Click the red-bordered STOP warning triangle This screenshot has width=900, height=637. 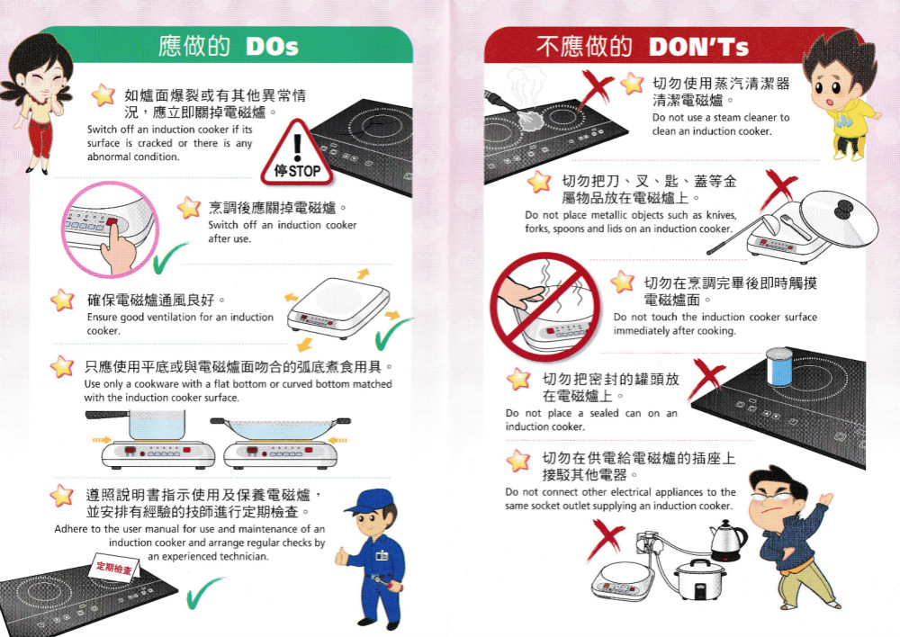(297, 154)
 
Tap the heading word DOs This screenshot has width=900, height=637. (272, 47)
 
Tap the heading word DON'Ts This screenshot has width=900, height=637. (698, 47)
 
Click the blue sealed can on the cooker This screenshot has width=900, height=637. (780, 367)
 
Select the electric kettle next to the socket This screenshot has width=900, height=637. (728, 541)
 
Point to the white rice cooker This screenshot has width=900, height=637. (699, 579)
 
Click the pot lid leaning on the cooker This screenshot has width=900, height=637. (839, 219)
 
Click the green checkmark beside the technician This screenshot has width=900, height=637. (203, 593)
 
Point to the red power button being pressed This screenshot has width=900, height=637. (111, 222)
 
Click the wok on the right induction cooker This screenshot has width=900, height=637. (280, 428)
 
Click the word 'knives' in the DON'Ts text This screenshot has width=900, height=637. (721, 215)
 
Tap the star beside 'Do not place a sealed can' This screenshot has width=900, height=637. (518, 379)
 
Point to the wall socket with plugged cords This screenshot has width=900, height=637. (648, 542)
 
